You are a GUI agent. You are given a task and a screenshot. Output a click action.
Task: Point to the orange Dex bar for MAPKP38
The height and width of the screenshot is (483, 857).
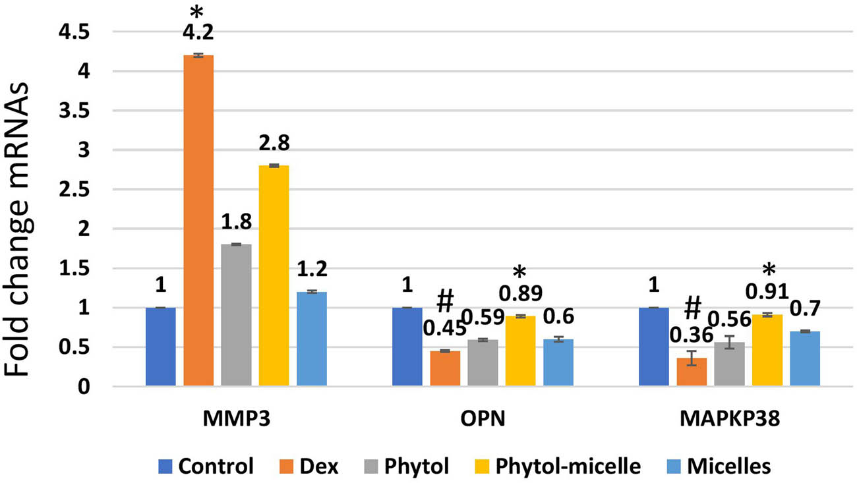(x=692, y=372)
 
